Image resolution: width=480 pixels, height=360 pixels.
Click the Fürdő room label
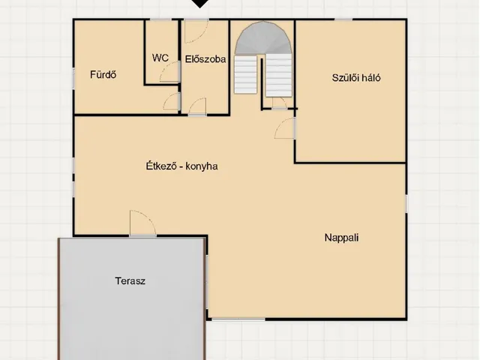pos(103,75)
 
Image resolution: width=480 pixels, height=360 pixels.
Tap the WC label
pos(160,58)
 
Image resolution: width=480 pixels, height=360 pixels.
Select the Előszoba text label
pos(205,59)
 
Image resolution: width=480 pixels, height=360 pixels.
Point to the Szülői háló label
pos(356,78)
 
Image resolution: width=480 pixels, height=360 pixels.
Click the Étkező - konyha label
pos(181,166)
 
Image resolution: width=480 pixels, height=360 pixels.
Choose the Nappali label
pos(342,238)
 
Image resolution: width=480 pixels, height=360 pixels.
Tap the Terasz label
pos(130,281)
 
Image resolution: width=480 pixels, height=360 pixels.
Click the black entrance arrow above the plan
pos(200,3)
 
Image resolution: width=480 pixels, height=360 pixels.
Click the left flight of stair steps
pos(245,74)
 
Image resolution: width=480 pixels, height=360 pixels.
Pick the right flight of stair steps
pos(278,76)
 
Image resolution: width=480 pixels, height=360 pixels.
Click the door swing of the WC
pos(169,72)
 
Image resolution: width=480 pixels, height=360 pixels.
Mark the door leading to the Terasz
pos(142,223)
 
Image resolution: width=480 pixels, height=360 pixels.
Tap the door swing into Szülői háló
pos(285,128)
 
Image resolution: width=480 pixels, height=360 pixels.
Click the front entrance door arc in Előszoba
pos(196,31)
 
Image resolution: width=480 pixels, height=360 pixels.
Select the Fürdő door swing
pos(171,101)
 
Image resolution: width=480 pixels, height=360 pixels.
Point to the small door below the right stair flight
pos(279,103)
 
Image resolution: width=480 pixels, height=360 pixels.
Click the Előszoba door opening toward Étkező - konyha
pos(197,106)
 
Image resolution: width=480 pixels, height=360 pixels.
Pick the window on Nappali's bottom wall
pos(238,319)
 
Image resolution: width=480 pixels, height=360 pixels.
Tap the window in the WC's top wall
pos(160,20)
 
